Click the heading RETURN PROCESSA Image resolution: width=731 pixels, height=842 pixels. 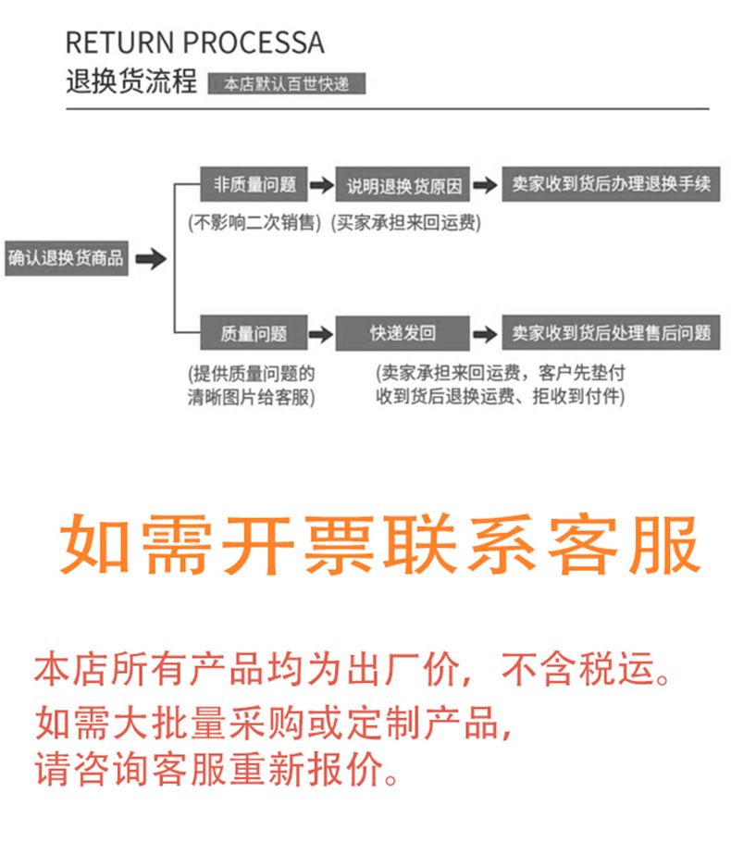194,43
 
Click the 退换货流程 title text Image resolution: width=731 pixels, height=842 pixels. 131,82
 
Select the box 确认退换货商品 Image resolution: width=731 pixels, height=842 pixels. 66,258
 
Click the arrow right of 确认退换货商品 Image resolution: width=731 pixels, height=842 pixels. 151,259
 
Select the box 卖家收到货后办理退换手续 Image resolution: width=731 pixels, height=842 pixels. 611,184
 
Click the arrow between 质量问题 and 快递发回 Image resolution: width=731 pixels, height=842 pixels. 320,333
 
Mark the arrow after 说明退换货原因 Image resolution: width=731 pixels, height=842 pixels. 484,186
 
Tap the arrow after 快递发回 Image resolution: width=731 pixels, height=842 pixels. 484,333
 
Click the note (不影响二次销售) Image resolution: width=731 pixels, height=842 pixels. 254,223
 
